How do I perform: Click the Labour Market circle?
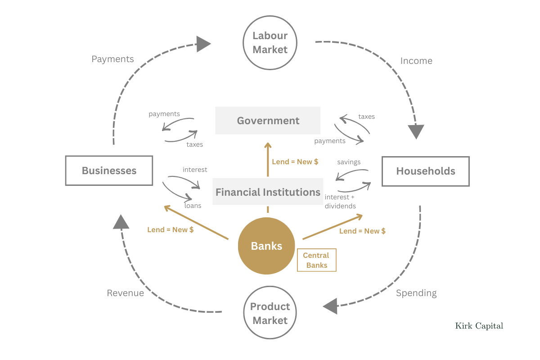[x=270, y=43]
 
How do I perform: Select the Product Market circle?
[x=270, y=313]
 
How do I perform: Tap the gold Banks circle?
[x=266, y=246]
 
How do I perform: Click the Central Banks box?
[x=316, y=260]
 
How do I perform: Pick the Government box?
[x=268, y=121]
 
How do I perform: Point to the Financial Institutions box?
[x=268, y=192]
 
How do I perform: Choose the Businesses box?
[x=109, y=171]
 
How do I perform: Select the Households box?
[x=425, y=171]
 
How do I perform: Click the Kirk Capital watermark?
[x=479, y=326]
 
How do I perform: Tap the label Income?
[x=416, y=61]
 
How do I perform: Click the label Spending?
[x=416, y=293]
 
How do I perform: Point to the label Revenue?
[x=125, y=293]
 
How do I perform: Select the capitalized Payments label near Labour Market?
[x=112, y=59]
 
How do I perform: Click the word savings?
[x=349, y=162]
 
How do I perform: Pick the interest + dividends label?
[x=340, y=202]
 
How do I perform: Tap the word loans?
[x=193, y=206]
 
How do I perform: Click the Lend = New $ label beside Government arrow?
[x=295, y=162]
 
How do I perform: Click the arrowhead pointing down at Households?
[x=416, y=131]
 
